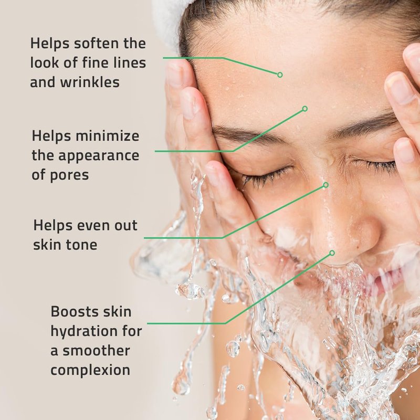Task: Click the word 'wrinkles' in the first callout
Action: point(90,82)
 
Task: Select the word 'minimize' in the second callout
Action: point(108,136)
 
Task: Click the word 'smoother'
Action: point(97,351)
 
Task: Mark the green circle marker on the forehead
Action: point(280,75)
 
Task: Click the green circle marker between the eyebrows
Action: point(305,109)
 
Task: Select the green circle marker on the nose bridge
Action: point(325,185)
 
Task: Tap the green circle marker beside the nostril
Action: point(332,253)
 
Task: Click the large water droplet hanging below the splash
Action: point(190,290)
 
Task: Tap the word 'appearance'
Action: point(99,156)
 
